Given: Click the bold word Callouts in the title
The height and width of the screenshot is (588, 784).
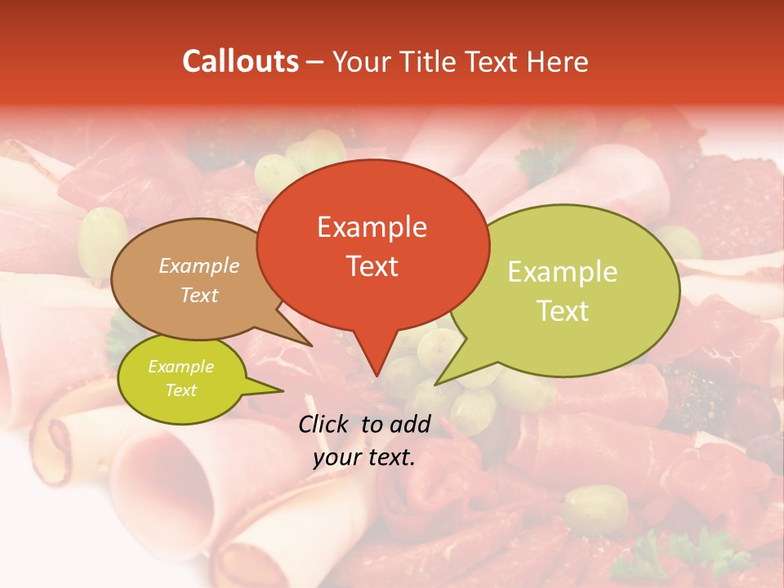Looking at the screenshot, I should click(240, 61).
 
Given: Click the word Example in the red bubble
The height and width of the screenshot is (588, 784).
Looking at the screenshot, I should click(372, 227).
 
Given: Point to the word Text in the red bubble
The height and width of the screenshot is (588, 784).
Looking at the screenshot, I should click(372, 266).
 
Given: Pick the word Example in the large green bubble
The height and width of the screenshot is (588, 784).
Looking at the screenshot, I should click(563, 272).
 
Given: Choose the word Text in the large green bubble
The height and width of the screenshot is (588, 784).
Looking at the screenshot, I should click(563, 311).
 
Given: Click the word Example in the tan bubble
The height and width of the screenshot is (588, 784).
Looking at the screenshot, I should click(199, 266).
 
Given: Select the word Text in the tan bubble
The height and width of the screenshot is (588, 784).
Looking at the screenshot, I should click(199, 295).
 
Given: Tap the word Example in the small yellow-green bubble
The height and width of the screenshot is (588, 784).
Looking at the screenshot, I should click(180, 367).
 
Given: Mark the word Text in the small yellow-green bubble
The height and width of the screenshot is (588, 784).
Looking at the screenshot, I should click(181, 390).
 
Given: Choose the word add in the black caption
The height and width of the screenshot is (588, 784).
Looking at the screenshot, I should click(409, 424).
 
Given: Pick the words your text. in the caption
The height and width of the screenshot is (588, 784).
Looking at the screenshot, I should click(364, 457).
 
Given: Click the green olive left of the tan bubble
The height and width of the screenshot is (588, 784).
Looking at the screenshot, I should click(101, 234).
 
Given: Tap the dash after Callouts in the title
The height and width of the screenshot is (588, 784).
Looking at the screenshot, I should click(315, 62).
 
